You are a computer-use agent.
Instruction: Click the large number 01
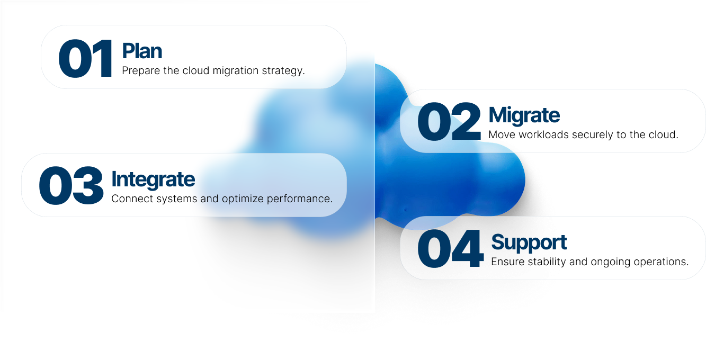click(85, 58)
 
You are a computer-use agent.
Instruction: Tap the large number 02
click(449, 121)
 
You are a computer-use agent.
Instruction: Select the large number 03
click(71, 185)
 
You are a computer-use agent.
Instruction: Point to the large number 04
click(450, 248)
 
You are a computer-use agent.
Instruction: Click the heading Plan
click(142, 51)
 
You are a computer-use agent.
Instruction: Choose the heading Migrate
click(524, 116)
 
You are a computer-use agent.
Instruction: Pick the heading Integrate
click(153, 180)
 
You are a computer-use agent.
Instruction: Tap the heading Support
click(529, 243)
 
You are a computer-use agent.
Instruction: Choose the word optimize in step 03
click(243, 199)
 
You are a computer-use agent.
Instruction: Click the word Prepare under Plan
click(141, 71)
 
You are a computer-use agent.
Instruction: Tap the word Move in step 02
click(502, 135)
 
